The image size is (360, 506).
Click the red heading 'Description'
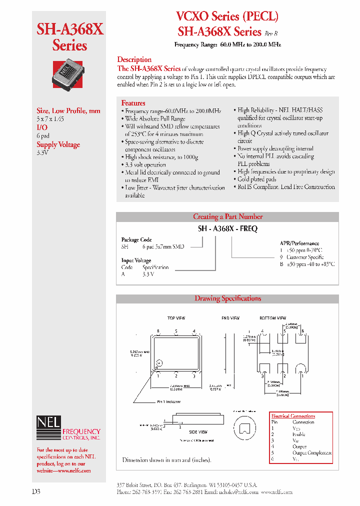coord(134,59)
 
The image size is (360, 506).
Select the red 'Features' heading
coord(133,103)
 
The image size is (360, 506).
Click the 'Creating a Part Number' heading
coord(227,216)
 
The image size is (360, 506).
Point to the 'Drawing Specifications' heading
coord(227,298)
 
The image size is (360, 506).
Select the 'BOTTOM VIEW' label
coord(272,318)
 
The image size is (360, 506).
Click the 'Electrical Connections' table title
coord(293,416)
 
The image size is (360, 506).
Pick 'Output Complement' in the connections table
coord(312,453)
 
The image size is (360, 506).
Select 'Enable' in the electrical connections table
coord(299,434)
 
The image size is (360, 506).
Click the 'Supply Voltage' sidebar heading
coord(58,144)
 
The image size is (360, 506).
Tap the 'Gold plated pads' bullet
coord(257,179)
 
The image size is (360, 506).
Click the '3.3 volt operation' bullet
coord(145,164)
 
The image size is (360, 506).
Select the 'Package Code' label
coord(136,240)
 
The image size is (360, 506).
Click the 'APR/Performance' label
coord(299,243)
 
